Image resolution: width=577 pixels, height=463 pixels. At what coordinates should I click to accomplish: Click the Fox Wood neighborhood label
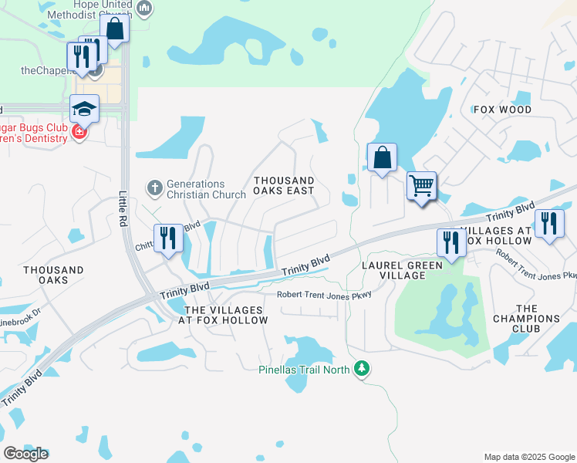tap(502, 110)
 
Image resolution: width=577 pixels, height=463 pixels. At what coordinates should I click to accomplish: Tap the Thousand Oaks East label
tap(284, 185)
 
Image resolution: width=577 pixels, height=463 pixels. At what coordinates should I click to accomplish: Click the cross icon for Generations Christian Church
tap(154, 186)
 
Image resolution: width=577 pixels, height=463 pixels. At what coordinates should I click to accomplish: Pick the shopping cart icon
tap(421, 185)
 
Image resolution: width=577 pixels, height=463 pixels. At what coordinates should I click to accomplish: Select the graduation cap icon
tap(84, 109)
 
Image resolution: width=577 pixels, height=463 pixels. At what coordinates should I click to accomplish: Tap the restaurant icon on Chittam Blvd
tap(167, 238)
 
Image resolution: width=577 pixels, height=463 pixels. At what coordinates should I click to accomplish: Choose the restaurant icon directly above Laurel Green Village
tap(451, 242)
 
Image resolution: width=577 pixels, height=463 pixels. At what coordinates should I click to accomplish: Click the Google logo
tap(25, 453)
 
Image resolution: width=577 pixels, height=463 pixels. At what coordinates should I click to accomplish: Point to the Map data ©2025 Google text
tap(528, 457)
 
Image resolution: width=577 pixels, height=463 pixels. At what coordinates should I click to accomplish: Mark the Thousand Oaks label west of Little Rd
tap(53, 275)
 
